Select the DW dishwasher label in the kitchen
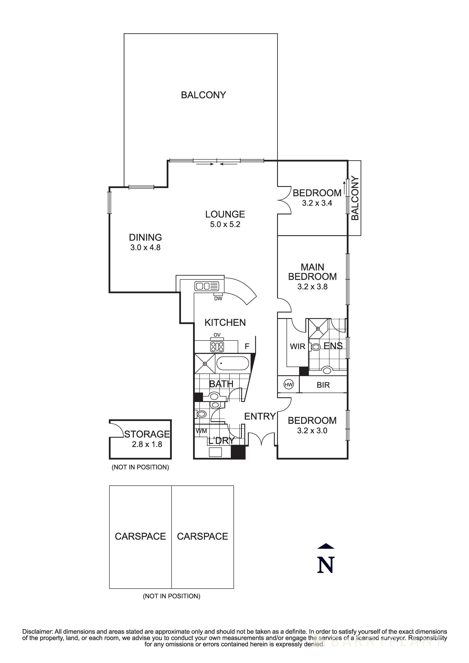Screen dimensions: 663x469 point(218,299)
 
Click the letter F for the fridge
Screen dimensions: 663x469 point(247,346)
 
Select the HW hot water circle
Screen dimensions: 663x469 point(288,384)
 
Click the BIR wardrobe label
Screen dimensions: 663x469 point(323,385)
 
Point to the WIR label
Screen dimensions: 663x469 point(297,346)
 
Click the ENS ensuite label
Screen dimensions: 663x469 point(333,346)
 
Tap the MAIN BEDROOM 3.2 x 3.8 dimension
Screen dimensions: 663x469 point(312,287)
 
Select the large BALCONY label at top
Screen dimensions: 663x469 point(203,95)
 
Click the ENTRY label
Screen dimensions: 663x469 point(260,416)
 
